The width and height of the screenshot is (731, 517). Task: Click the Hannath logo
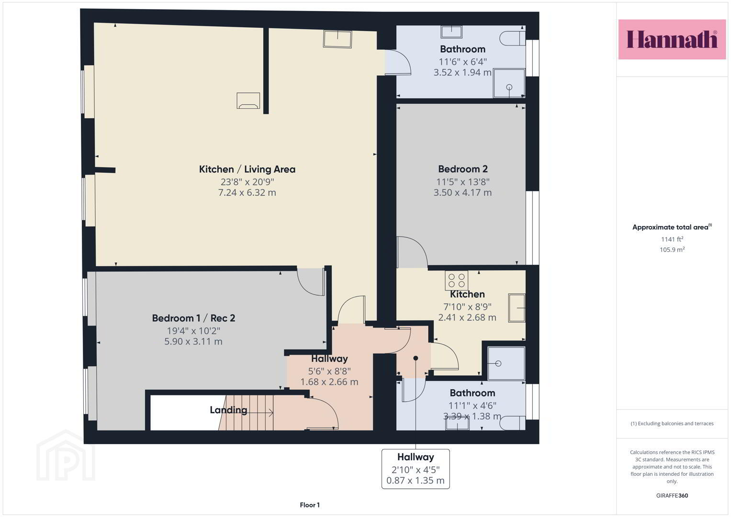point(672,39)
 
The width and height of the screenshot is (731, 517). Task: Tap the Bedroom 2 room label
point(463,169)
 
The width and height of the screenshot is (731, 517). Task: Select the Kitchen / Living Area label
point(247,169)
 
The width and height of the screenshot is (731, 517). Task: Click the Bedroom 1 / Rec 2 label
point(193,318)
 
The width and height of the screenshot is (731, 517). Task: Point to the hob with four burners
point(456,281)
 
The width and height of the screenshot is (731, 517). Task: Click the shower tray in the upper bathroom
point(509,83)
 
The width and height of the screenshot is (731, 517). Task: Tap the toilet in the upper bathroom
point(512,38)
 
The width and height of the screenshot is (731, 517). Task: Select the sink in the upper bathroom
point(451,32)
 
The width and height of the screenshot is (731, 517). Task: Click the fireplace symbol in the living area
point(248,101)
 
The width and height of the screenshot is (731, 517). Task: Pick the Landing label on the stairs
point(228,410)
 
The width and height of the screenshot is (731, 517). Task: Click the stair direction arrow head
point(271,413)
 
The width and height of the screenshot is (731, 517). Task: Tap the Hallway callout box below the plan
point(416,469)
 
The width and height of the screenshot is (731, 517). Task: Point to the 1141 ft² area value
point(672,239)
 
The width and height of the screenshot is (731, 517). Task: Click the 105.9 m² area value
point(672,250)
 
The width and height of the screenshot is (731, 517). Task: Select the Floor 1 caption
point(310,505)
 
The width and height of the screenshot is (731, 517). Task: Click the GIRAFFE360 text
point(672,495)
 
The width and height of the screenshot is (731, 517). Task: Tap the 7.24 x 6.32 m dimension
point(247,192)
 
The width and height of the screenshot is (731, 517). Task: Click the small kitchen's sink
point(517,308)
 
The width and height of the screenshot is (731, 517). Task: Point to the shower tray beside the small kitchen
point(506,363)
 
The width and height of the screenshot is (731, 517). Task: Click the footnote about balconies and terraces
point(672,424)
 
